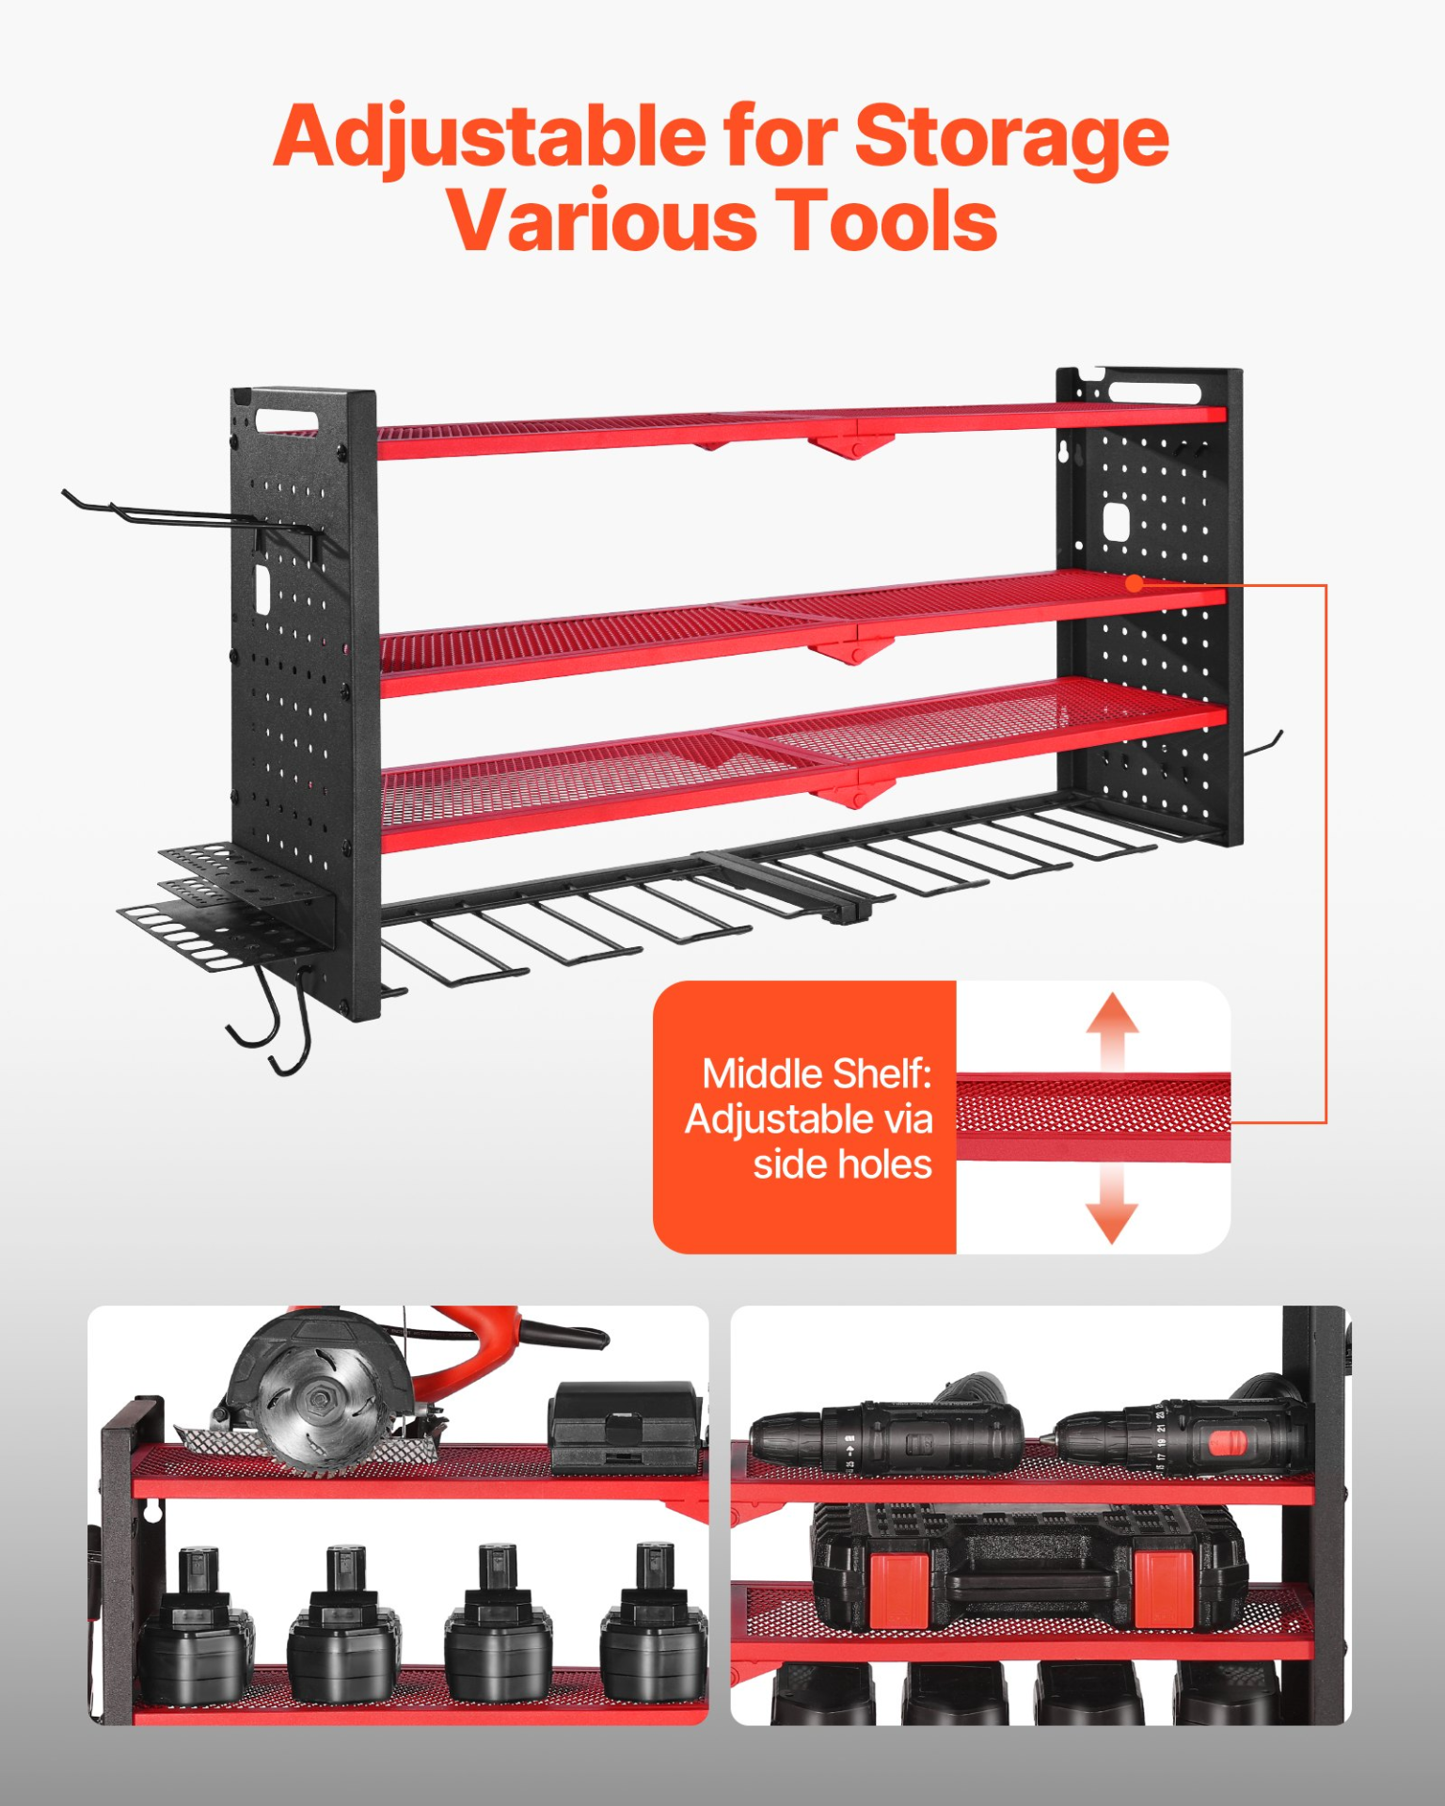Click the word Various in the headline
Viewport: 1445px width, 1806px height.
(602, 221)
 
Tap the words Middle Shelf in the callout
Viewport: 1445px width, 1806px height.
(817, 1074)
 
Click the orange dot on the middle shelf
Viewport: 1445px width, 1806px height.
(1135, 583)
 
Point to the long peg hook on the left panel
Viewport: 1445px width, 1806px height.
(188, 514)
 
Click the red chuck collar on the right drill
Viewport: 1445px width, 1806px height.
(1227, 1443)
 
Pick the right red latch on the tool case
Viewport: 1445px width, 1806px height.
(1165, 1590)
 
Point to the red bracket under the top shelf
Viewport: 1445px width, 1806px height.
(850, 446)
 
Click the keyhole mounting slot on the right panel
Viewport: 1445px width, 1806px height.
(1066, 452)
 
